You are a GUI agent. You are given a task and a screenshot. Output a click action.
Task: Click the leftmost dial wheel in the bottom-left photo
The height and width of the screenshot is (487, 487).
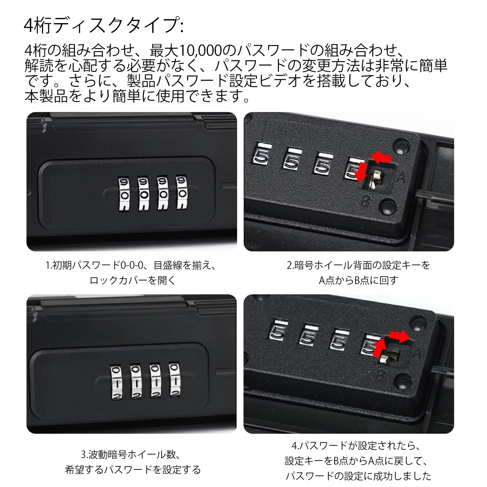pyautogui.click(x=116, y=381)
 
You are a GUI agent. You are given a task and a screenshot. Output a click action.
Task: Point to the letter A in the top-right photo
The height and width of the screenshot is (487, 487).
pyautogui.click(x=401, y=178)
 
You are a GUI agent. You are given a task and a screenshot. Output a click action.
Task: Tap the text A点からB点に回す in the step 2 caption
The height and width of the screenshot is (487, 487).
pyautogui.click(x=359, y=280)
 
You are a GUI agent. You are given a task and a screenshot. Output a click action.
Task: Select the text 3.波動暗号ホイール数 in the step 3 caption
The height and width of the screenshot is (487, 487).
pyautogui.click(x=129, y=455)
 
